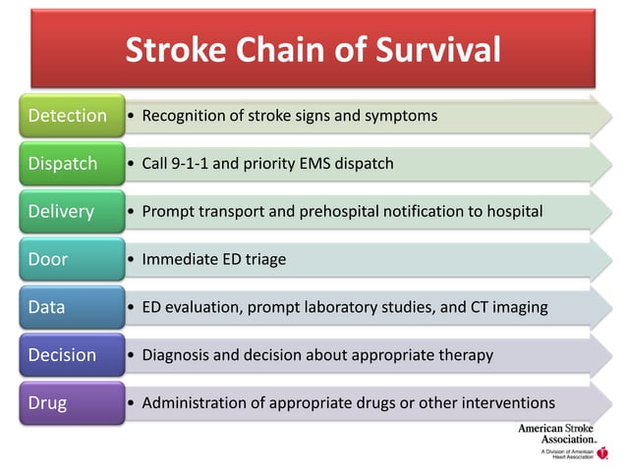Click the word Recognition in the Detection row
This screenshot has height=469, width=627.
(x=184, y=117)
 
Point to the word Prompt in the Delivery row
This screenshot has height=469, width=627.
(x=168, y=212)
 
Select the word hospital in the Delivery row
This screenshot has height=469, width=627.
(x=514, y=212)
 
